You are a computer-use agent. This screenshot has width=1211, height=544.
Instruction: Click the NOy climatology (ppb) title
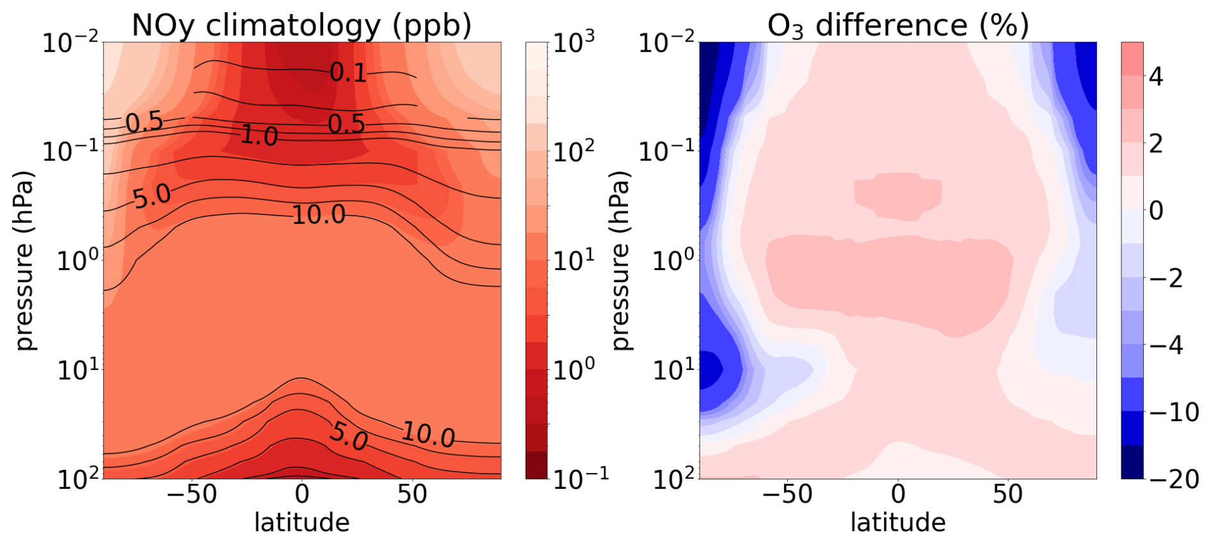pos(301,26)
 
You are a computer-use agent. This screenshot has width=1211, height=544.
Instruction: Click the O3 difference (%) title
pos(897,26)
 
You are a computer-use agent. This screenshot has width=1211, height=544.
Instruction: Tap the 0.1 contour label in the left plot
pos(348,72)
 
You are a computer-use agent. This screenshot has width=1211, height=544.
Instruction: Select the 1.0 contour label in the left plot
pos(259,136)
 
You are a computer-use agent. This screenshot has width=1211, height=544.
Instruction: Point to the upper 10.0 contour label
pos(319,214)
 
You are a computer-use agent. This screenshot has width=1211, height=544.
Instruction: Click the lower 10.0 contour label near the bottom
pos(428,435)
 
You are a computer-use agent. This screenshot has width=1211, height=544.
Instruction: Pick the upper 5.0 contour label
pos(152,196)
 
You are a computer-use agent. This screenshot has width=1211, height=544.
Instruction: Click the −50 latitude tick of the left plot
pos(191,494)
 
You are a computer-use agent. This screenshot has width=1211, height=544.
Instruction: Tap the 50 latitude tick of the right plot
pos(1008,494)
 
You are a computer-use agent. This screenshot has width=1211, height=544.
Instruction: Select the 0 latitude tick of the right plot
pos(898,494)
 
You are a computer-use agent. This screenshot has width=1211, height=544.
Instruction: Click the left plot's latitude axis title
pos(301,522)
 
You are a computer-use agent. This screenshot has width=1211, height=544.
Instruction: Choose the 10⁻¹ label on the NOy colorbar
pos(572,477)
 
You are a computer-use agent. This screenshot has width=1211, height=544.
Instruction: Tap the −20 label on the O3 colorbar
pos(1173,479)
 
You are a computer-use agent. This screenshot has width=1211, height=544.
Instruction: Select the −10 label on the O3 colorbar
pos(1173,412)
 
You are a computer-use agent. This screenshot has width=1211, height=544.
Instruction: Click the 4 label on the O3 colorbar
pos(1156,77)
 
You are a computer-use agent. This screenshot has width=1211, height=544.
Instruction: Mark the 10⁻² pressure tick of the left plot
pos(70,43)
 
